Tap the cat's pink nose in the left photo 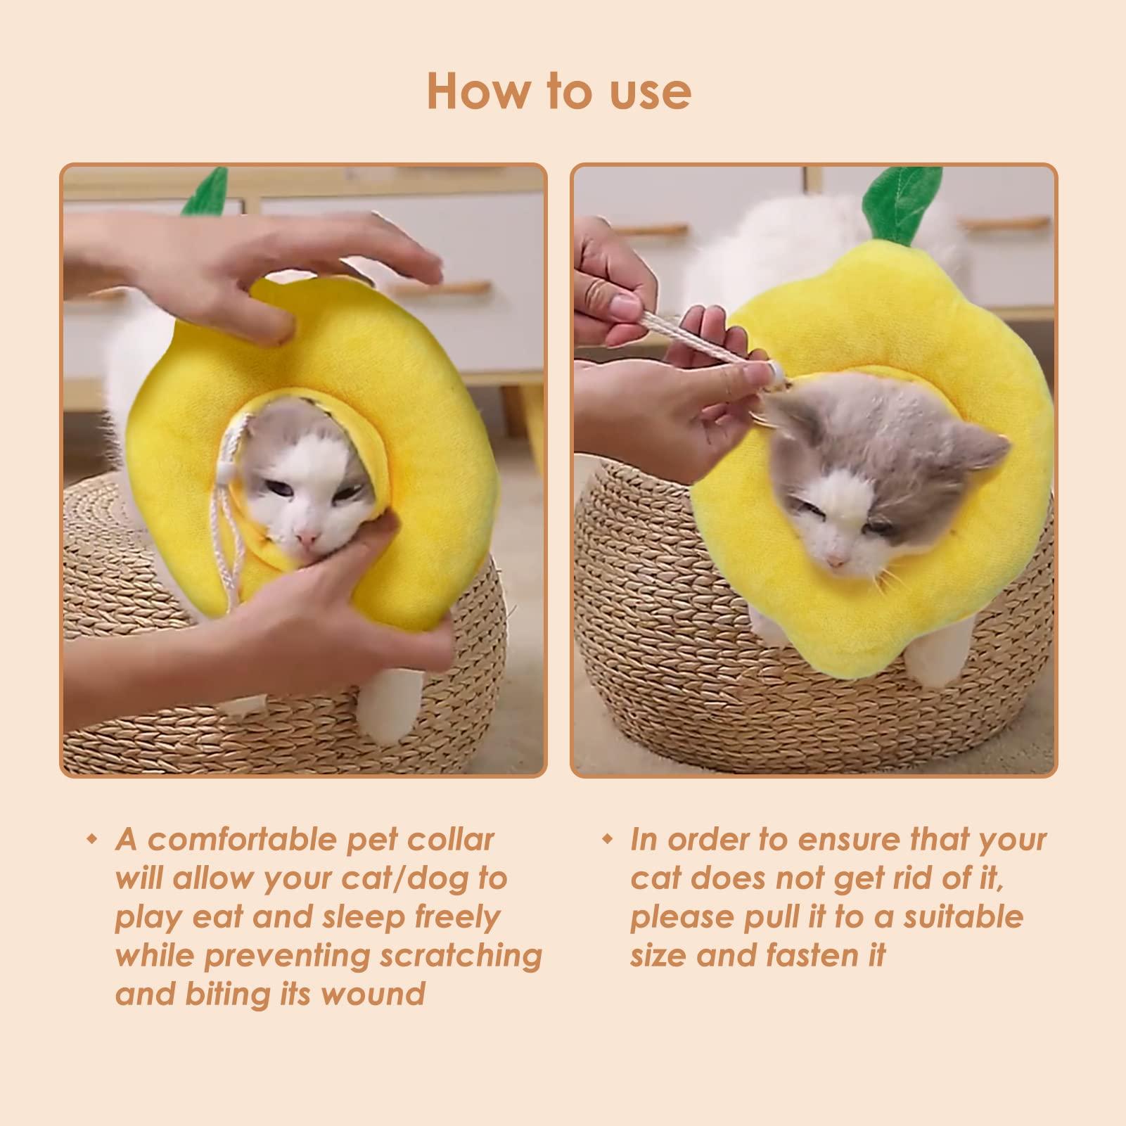306,538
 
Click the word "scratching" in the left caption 461,956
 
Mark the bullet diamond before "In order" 606,840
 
